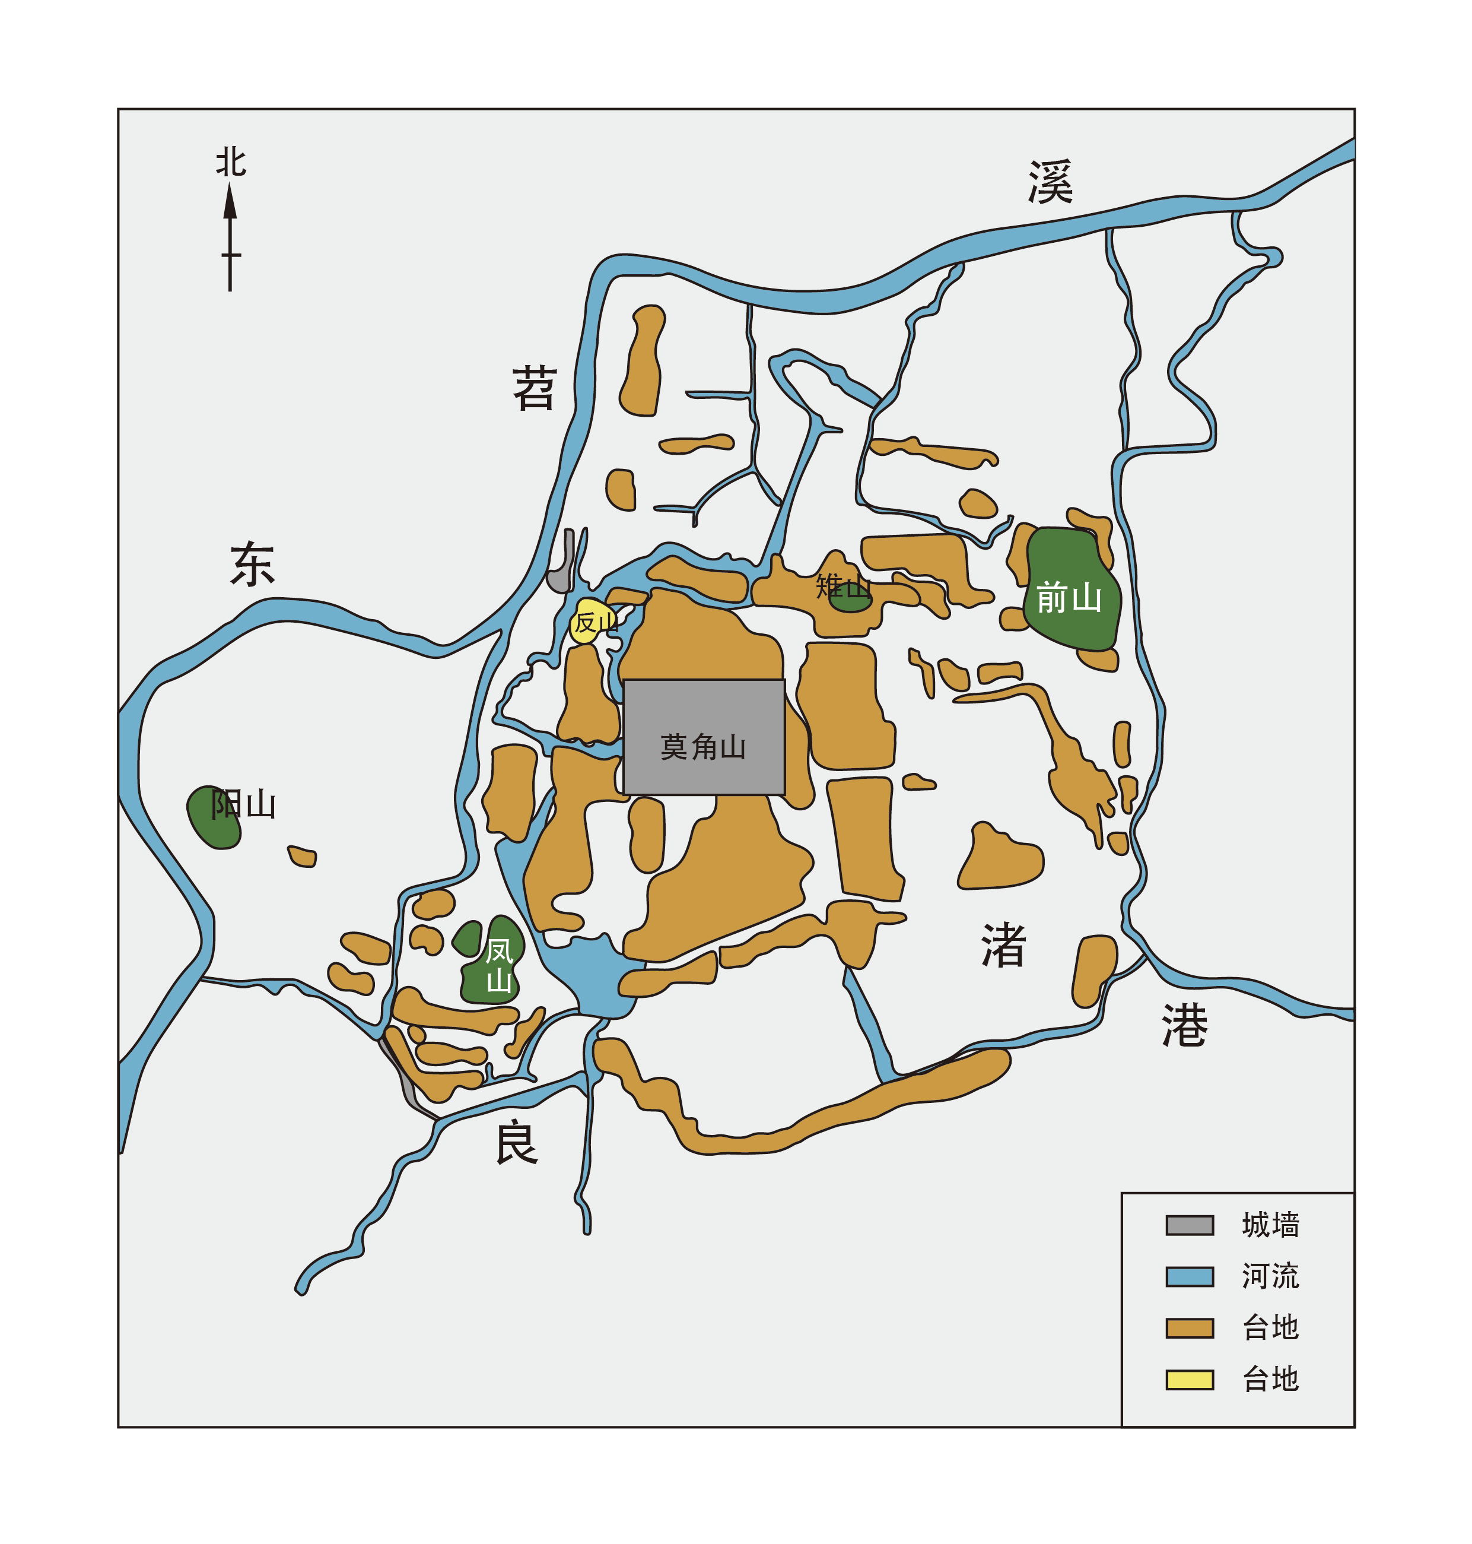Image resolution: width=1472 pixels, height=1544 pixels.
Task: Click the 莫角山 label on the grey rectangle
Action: [702, 747]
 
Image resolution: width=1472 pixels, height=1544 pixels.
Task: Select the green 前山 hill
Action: [1070, 589]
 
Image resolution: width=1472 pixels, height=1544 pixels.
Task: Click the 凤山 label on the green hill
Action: [498, 965]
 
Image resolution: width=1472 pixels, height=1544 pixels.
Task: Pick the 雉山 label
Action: [842, 586]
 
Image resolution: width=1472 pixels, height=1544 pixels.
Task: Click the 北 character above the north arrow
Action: [231, 163]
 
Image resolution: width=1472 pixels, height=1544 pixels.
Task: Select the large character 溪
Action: [1050, 182]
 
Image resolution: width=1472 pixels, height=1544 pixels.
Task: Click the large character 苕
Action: [535, 388]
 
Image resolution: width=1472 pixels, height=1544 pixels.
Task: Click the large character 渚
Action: [1003, 945]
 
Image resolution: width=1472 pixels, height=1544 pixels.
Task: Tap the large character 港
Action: [1184, 1025]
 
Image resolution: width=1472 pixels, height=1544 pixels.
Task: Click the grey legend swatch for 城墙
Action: [1189, 1225]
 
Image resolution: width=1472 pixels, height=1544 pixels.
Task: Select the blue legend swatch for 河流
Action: [1189, 1277]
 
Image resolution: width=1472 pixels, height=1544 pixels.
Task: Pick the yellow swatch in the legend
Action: [1189, 1380]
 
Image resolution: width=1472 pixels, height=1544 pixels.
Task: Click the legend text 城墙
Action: [1270, 1225]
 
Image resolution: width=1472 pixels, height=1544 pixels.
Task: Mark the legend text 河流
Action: [1270, 1277]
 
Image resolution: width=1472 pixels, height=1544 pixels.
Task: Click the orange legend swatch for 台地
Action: [1189, 1328]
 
